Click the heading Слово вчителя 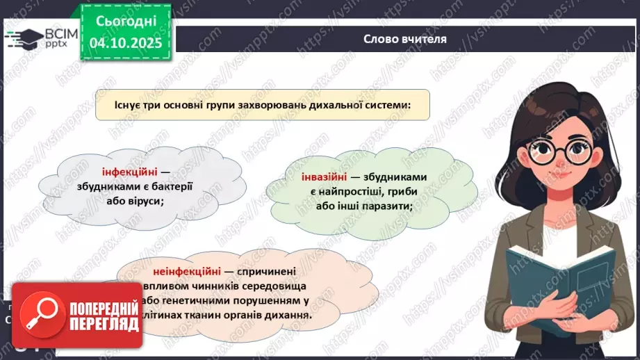pos(405,39)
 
